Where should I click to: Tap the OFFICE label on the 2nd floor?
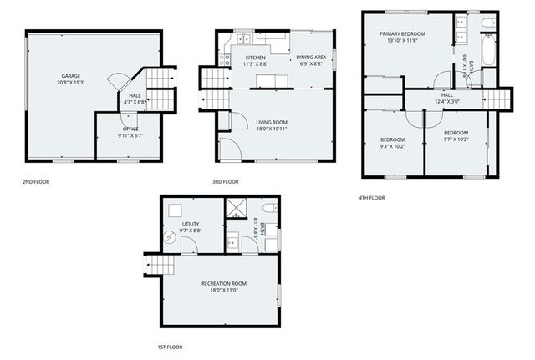130,129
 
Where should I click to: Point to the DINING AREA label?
311,58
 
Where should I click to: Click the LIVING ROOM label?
272,122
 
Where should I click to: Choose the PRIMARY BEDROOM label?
402,33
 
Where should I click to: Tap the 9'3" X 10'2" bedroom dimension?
392,145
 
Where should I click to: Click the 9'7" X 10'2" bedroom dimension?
456,139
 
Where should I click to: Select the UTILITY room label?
191,224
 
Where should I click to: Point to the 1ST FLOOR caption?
170,347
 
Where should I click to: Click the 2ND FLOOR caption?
36,181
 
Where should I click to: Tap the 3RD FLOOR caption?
226,181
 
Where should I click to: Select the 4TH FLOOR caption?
372,198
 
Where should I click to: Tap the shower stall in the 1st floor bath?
237,208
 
